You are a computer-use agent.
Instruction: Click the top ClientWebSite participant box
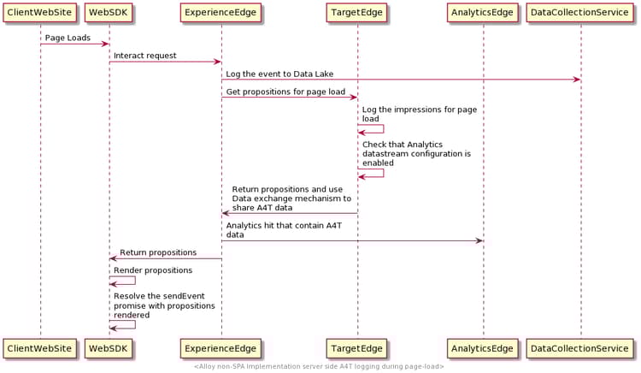[x=39, y=13]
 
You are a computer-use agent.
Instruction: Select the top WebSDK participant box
[x=109, y=13]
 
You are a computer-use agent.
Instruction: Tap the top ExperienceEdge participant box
[x=221, y=13]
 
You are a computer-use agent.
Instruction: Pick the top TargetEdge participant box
[x=357, y=13]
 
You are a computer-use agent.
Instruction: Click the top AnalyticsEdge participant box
[x=482, y=13]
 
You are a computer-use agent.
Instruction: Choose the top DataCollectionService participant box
[x=580, y=13]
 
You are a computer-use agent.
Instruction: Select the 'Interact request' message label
[x=145, y=56]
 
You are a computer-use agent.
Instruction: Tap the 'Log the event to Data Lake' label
[x=280, y=74]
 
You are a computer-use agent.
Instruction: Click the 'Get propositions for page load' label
[x=285, y=92]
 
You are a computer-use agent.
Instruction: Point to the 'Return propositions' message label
[x=158, y=252]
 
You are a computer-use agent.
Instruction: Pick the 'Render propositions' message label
[x=153, y=270]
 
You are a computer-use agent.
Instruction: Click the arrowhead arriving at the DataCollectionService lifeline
[x=576, y=80]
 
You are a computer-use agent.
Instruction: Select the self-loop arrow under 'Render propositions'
[x=128, y=281]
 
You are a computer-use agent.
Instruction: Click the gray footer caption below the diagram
[x=319, y=367]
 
